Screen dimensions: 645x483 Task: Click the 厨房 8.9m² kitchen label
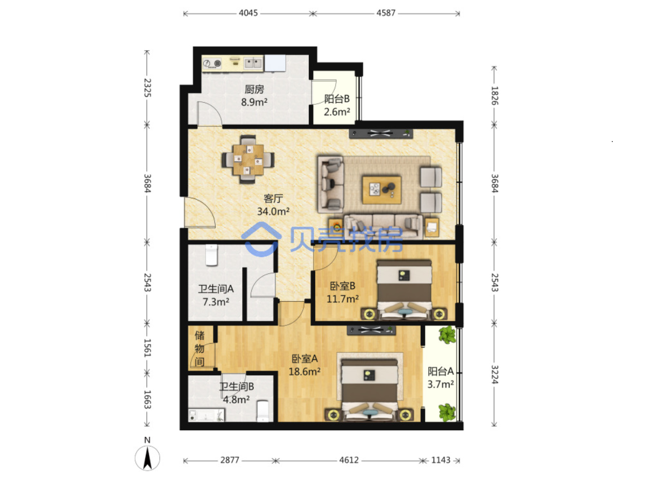(x=254, y=95)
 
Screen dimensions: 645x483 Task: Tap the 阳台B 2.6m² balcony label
(x=337, y=105)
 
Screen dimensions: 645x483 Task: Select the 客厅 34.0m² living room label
(x=273, y=205)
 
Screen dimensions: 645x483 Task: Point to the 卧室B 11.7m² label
(x=342, y=292)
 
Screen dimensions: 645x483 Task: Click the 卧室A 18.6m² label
(x=304, y=365)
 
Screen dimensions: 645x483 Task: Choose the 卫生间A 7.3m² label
(x=216, y=295)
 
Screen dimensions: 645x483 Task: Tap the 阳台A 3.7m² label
(x=441, y=378)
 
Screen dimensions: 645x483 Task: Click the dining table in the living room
(x=248, y=159)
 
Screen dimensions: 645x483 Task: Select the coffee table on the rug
(x=382, y=190)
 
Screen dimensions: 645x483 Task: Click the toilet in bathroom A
(x=211, y=255)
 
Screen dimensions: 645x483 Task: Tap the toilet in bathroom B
(x=263, y=411)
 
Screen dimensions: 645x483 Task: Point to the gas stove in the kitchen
(x=212, y=63)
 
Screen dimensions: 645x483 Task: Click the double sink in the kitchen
(x=253, y=63)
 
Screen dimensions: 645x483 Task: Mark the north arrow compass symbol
(x=147, y=457)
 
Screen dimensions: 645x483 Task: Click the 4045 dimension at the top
(x=248, y=13)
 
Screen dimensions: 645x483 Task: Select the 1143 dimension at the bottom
(x=441, y=460)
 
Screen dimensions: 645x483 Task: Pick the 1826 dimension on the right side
(x=494, y=95)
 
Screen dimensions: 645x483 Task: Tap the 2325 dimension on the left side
(x=147, y=88)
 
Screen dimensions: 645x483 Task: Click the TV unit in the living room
(x=381, y=133)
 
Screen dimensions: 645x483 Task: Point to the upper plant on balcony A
(x=447, y=335)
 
